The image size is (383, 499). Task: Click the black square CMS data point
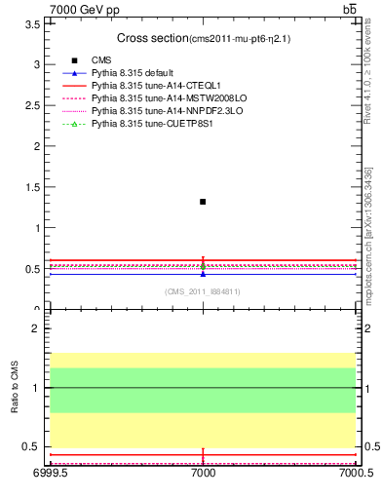coord(203,202)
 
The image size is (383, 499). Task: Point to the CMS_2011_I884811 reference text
coord(203,291)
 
